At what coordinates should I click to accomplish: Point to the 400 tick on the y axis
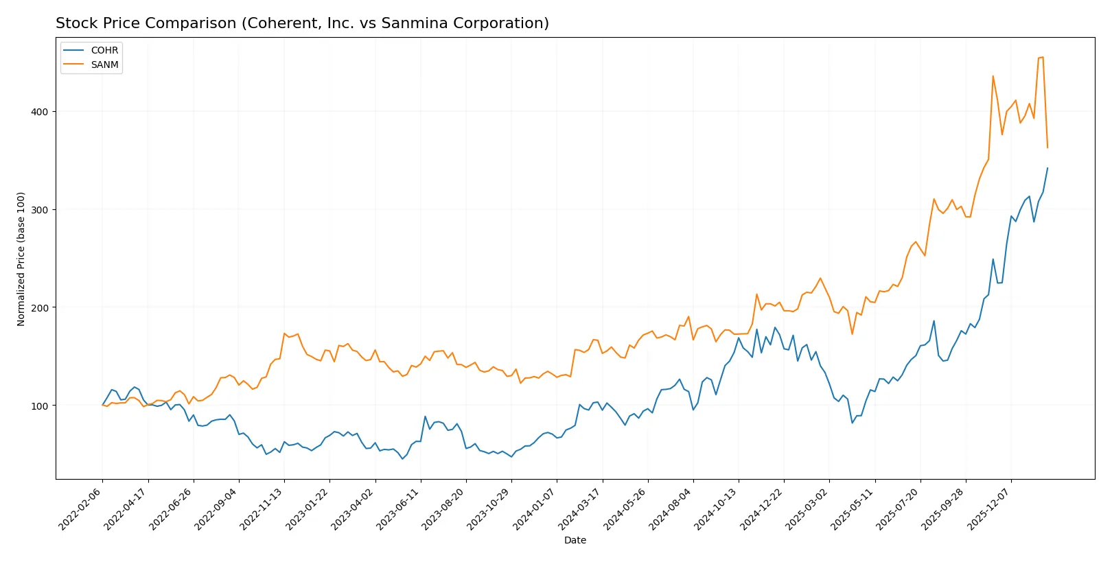point(39,111)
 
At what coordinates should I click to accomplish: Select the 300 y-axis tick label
point(39,209)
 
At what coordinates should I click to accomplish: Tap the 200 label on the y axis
point(39,307)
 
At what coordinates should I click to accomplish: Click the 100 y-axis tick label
point(39,406)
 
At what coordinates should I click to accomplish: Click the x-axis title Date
point(575,540)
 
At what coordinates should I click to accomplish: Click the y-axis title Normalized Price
point(21,259)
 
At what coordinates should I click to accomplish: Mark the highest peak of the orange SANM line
point(1043,57)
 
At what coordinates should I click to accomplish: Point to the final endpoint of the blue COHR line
point(1047,167)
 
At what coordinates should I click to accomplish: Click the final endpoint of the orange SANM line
point(1047,148)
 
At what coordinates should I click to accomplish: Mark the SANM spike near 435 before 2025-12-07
point(993,76)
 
